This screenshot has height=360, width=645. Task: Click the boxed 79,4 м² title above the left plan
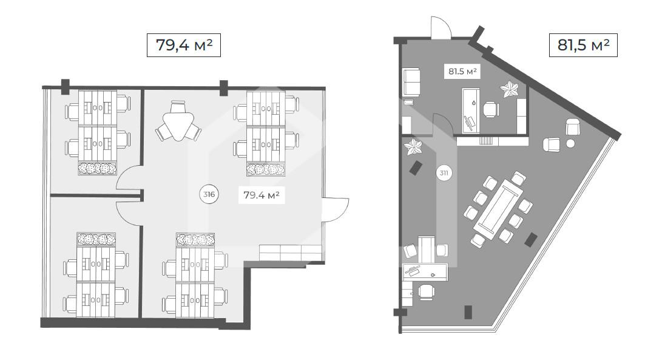coord(184,45)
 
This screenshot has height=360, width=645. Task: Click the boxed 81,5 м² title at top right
coord(583,45)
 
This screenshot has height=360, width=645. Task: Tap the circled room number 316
coord(209,194)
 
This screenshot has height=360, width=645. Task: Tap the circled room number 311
coord(444,173)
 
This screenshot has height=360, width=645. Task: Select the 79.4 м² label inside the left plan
coord(262,195)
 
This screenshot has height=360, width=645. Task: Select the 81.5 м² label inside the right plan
coord(462,71)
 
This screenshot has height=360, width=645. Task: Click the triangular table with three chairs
coord(178,122)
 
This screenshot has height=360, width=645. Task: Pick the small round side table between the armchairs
coord(570,143)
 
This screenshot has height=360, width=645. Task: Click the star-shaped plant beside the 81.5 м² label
coord(510,89)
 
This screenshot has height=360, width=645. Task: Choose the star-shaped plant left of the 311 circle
coord(413,147)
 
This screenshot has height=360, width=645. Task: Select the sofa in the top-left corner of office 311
coord(411,81)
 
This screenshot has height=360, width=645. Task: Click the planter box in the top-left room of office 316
coord(98,169)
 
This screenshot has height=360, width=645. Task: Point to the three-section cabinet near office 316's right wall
coord(291,253)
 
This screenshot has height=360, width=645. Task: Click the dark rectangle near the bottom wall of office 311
coord(468,312)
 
